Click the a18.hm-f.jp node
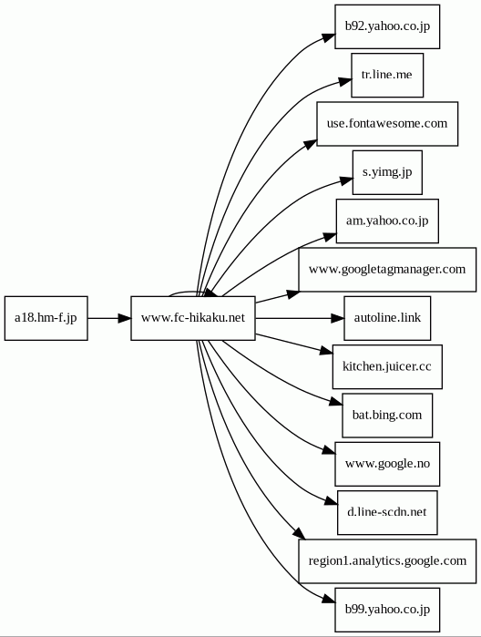[46, 318]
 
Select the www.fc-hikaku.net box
[193, 318]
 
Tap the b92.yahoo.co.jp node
[387, 26]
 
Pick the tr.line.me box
[387, 75]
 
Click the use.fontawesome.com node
[387, 124]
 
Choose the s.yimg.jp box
[387, 172]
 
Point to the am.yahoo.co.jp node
[387, 221]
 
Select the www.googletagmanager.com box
[387, 270]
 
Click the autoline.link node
[387, 318]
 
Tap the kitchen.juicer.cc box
[387, 367]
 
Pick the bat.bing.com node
[387, 416]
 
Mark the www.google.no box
[387, 464]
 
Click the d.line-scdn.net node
[387, 513]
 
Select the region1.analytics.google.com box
[387, 561]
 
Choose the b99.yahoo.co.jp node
[387, 610]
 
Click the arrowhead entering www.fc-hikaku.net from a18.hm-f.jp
[125, 318]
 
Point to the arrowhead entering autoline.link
[338, 318]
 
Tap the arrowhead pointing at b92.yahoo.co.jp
[330, 37]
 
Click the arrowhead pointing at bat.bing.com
[336, 402]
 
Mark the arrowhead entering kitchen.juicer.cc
[327, 351]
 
